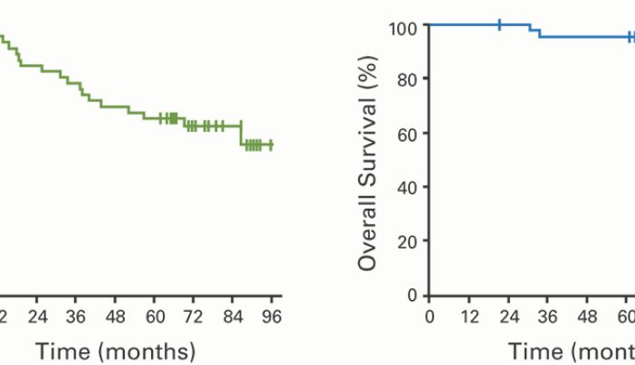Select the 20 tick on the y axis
click(x=407, y=242)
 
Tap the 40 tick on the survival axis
click(x=407, y=188)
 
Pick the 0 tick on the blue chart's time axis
click(x=430, y=316)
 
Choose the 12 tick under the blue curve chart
click(x=469, y=316)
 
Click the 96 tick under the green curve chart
click(x=271, y=316)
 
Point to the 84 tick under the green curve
click(x=232, y=316)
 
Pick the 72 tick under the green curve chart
click(x=193, y=316)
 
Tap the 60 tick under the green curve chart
click(x=154, y=316)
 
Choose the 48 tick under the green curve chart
click(x=115, y=316)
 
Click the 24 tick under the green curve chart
click(x=37, y=316)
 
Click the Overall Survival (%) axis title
click(x=367, y=161)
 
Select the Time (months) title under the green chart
click(x=116, y=351)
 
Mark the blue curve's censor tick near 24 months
click(x=499, y=24)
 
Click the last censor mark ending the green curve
click(x=270, y=145)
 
